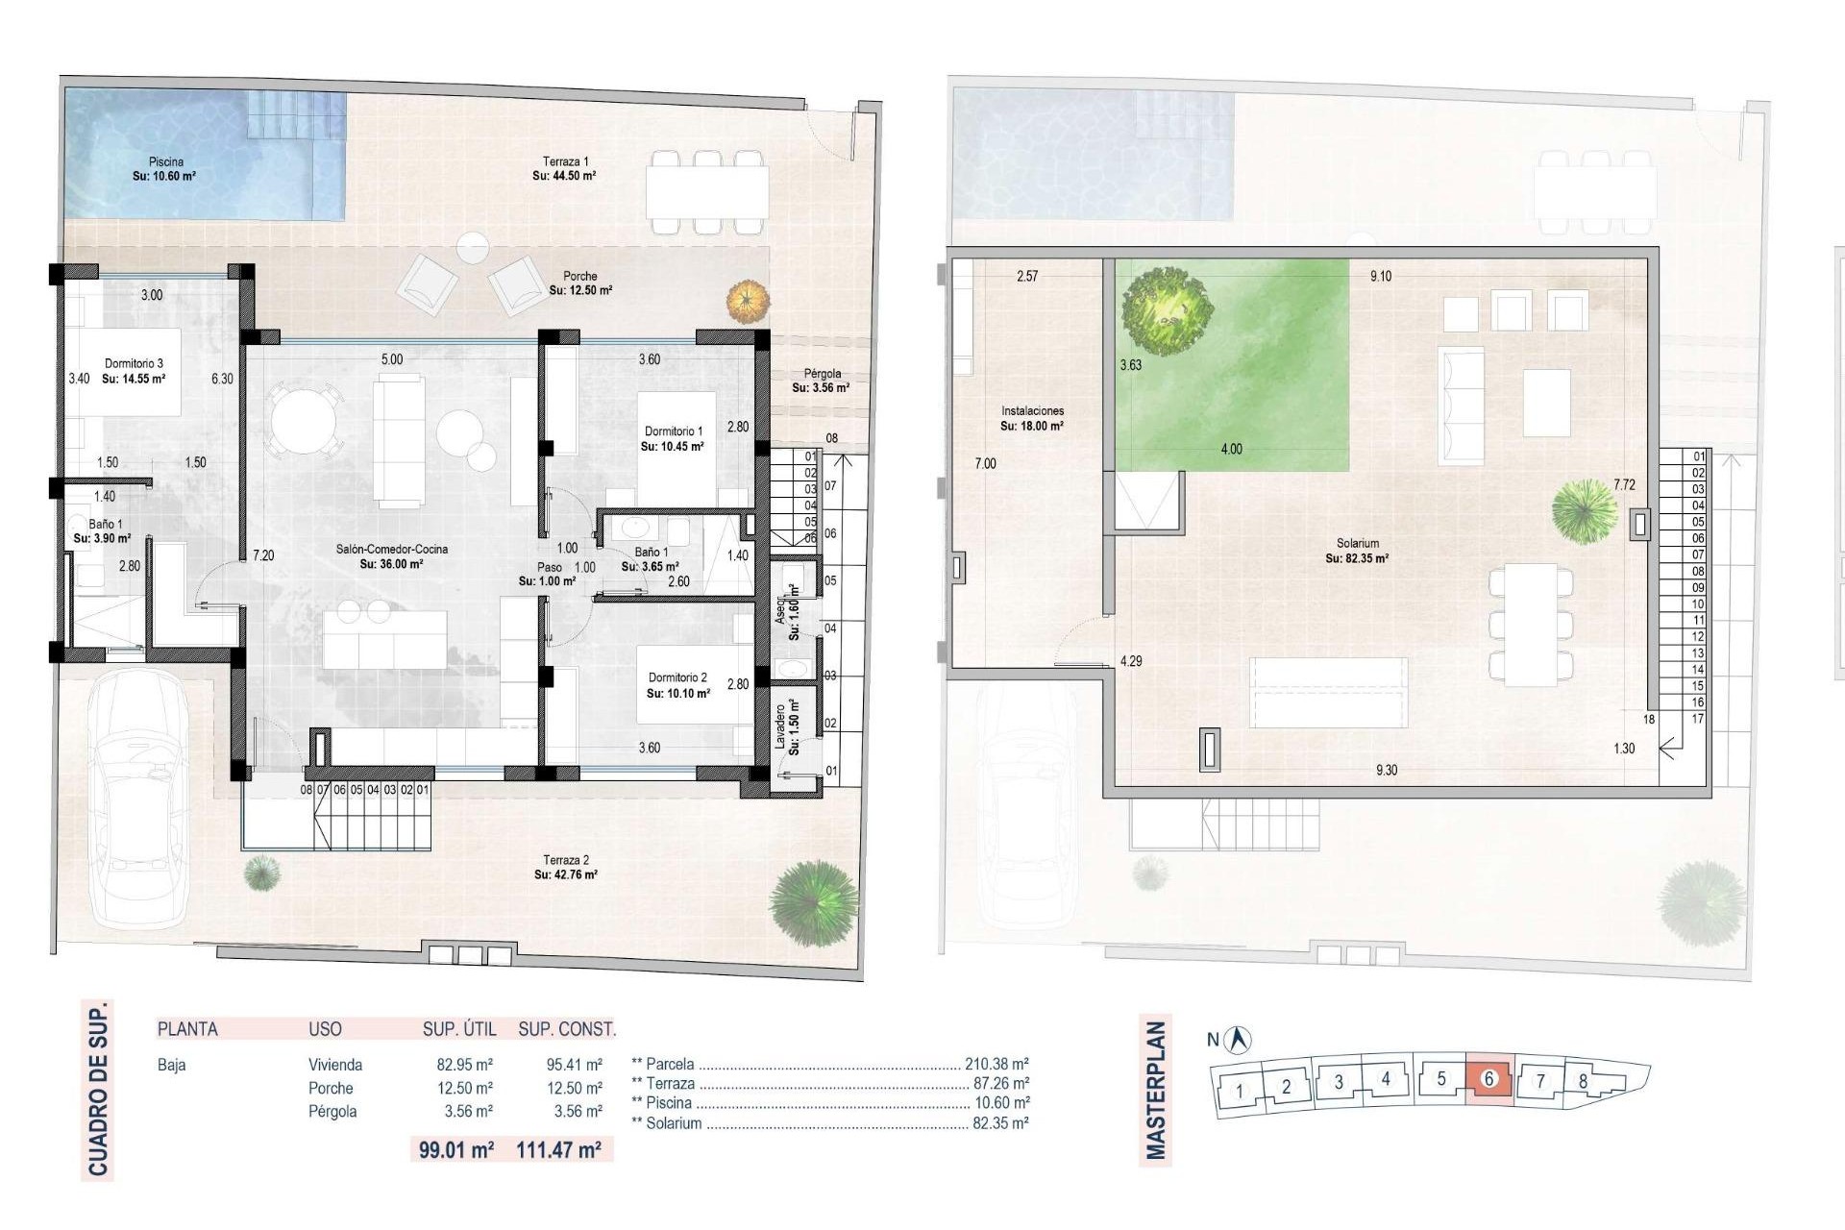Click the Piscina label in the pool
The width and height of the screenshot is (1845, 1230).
(x=166, y=162)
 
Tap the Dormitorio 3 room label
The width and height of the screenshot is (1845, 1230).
(x=134, y=364)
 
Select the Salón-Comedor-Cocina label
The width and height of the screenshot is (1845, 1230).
(x=391, y=550)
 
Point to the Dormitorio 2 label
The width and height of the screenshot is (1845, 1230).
(x=677, y=677)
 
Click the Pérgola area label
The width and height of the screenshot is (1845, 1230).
(x=822, y=374)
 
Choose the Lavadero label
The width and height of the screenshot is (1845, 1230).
(x=780, y=726)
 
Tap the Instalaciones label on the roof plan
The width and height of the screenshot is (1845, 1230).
(x=1032, y=411)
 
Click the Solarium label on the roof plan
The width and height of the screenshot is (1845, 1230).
(x=1357, y=544)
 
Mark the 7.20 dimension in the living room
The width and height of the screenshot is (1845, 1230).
(x=263, y=555)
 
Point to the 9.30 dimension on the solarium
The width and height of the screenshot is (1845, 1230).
(x=1387, y=770)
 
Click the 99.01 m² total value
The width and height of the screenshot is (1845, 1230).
(x=456, y=1149)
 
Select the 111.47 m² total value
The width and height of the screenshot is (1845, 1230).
(x=559, y=1149)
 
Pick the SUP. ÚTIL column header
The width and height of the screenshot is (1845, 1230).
(x=459, y=1029)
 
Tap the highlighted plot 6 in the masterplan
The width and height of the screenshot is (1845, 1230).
(x=1489, y=1078)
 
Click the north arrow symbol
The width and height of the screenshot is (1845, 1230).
(x=1241, y=1039)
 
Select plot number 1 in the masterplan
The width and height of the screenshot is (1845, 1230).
(x=1240, y=1091)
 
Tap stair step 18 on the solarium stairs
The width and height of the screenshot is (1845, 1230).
(x=1649, y=719)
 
